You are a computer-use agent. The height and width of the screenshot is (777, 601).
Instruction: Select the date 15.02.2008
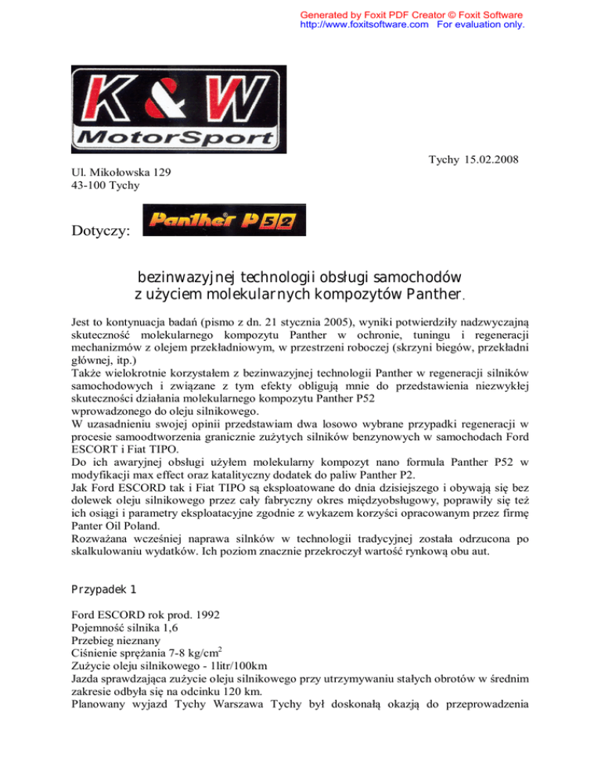490,160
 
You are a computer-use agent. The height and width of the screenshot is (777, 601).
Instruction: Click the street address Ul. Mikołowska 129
117,172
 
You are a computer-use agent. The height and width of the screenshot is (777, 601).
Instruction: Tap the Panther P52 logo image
225,220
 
